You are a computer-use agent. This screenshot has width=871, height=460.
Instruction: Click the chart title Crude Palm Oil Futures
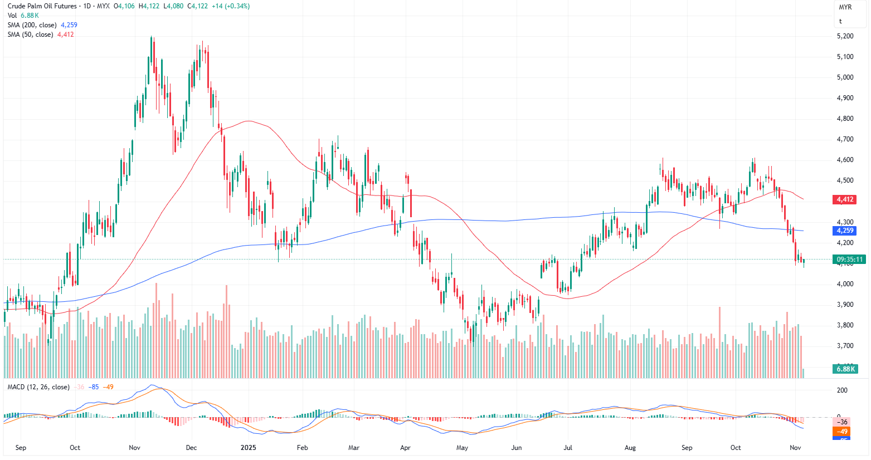pyautogui.click(x=42, y=6)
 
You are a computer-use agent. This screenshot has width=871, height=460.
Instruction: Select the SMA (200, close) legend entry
pyautogui.click(x=32, y=25)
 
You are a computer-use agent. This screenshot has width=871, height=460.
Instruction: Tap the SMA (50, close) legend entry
pyautogui.click(x=30, y=35)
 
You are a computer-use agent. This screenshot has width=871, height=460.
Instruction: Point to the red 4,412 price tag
pyautogui.click(x=844, y=199)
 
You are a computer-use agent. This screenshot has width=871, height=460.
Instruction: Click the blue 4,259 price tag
pyautogui.click(x=844, y=231)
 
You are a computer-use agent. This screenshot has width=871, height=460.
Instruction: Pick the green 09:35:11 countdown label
pyautogui.click(x=849, y=260)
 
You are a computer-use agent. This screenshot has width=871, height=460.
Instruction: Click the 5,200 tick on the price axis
pyautogui.click(x=845, y=36)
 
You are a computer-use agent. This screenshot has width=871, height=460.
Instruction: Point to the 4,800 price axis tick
pyautogui.click(x=845, y=119)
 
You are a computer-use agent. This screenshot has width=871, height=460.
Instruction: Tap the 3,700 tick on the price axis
pyautogui.click(x=845, y=346)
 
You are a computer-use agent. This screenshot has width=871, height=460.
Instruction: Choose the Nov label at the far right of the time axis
pyautogui.click(x=796, y=448)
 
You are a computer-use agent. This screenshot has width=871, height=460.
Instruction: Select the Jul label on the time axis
pyautogui.click(x=568, y=448)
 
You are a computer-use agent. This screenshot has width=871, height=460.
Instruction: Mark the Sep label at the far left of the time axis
pyautogui.click(x=21, y=448)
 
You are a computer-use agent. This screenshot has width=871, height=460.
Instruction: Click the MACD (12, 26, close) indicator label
pyautogui.click(x=38, y=387)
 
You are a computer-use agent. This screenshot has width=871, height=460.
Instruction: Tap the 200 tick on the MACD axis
pyautogui.click(x=843, y=390)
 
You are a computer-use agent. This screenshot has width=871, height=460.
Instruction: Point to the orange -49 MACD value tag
pyautogui.click(x=842, y=432)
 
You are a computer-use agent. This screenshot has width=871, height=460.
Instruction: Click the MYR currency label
pyautogui.click(x=845, y=7)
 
